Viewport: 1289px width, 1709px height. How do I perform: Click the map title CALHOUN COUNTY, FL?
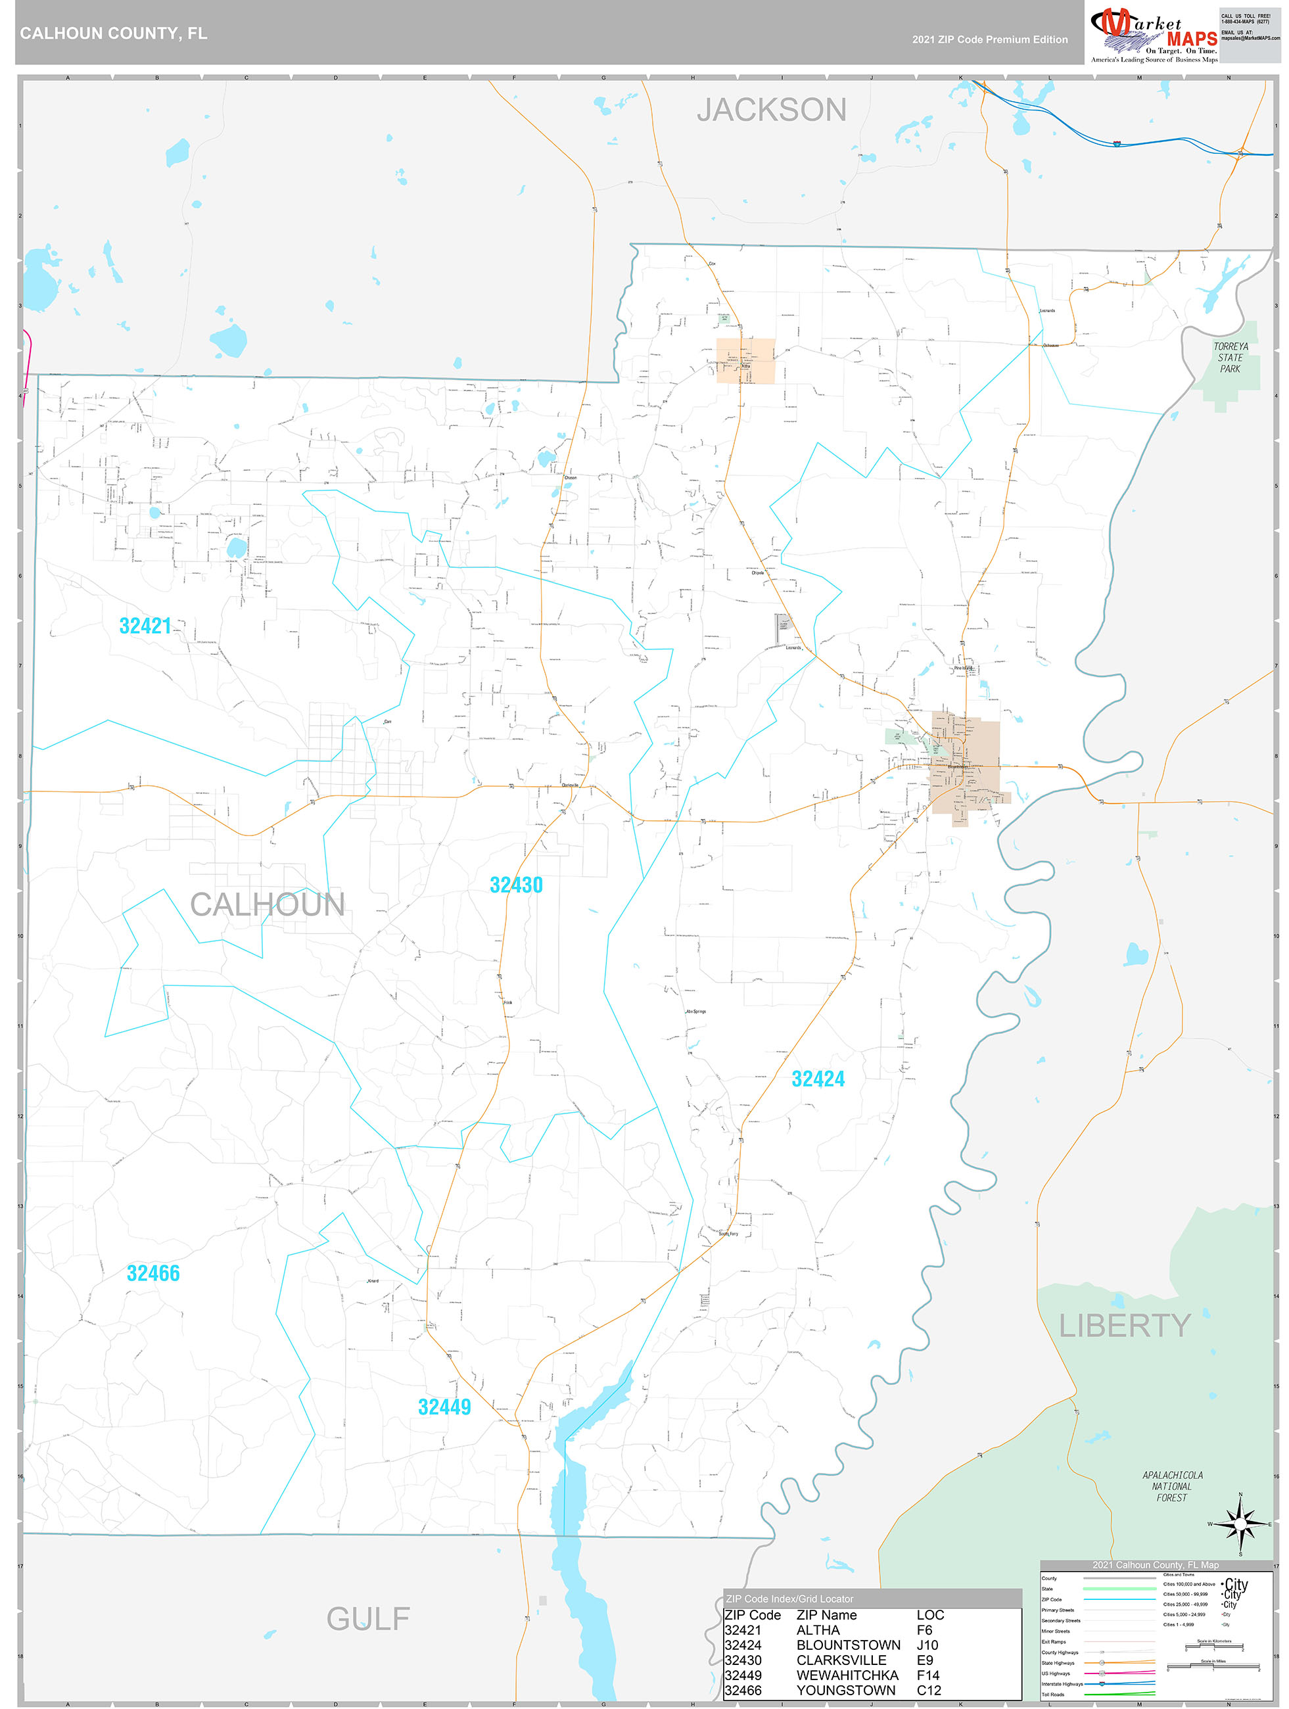(114, 34)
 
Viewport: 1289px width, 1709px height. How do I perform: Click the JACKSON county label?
(771, 110)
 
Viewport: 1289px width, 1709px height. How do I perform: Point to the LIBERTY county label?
(1125, 1326)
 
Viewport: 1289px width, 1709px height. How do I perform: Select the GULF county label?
(368, 1618)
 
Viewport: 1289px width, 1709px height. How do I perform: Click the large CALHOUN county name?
(268, 904)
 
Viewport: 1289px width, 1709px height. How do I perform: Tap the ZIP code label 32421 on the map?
(145, 626)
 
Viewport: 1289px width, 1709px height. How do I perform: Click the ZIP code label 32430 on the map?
(516, 885)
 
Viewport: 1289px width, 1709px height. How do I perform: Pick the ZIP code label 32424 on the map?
(818, 1079)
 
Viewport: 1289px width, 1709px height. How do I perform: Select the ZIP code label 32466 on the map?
(153, 1273)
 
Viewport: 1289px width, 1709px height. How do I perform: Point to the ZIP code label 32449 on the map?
(444, 1407)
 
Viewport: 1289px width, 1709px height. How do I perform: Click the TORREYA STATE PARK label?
(1230, 358)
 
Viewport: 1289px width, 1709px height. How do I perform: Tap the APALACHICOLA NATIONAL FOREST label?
(1172, 1486)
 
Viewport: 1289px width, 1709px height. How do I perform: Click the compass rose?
(1240, 1524)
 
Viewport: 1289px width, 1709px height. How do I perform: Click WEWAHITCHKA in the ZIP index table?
(847, 1675)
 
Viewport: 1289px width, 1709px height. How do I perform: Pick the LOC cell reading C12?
(929, 1691)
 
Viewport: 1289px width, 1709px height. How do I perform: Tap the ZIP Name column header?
(826, 1615)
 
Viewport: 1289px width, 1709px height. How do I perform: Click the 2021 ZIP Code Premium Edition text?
(989, 39)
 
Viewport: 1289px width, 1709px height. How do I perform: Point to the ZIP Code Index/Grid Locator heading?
(790, 1599)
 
